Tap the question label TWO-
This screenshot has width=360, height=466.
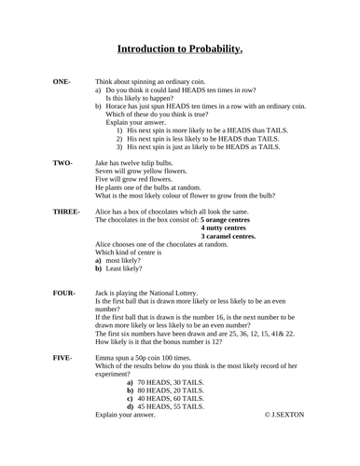[x=63, y=163]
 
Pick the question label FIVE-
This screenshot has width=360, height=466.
[x=63, y=357]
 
